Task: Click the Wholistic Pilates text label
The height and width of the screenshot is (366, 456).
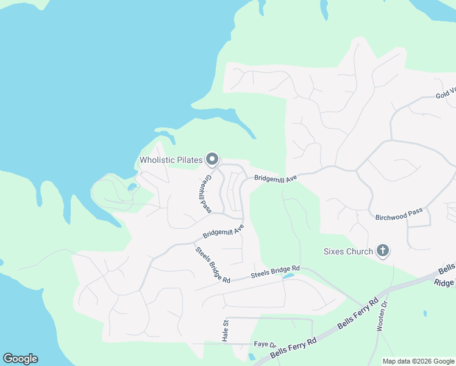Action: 171,160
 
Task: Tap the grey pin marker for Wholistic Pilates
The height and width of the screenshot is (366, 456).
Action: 212,159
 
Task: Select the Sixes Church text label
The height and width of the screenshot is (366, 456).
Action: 348,251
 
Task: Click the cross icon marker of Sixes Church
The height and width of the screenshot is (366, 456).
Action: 383,250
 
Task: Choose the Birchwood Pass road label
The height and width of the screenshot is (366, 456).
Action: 399,214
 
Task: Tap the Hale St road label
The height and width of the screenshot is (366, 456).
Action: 224,331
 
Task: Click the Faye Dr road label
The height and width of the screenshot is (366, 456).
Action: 265,345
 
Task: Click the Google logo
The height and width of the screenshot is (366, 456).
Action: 20,359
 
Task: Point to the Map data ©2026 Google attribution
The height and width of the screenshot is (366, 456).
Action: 418,361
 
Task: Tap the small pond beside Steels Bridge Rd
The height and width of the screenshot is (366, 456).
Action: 288,276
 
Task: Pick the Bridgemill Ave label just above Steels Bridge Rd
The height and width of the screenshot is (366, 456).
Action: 223,231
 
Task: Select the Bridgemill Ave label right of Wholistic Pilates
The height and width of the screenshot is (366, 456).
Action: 275,178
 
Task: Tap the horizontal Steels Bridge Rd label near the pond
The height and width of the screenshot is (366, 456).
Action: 276,272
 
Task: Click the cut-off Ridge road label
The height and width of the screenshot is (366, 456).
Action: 444,281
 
